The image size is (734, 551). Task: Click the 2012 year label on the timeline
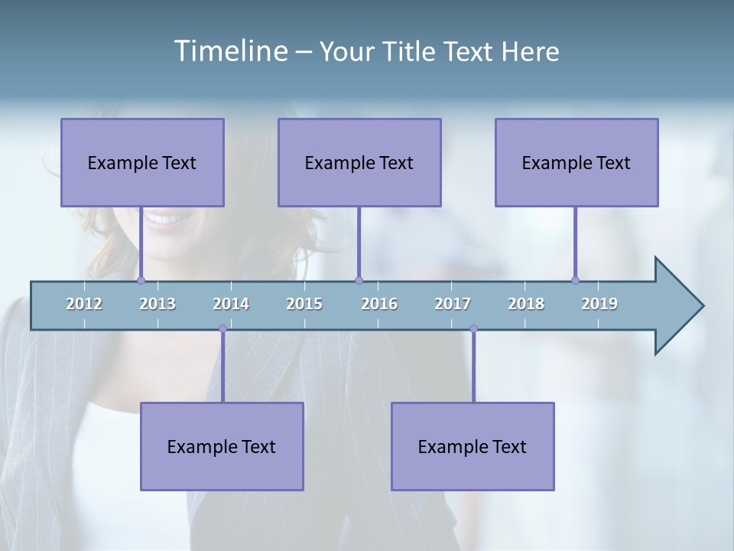[x=84, y=304]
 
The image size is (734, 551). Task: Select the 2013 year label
[x=158, y=304]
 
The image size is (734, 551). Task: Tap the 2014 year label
[x=231, y=304]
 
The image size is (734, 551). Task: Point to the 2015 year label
[x=304, y=304]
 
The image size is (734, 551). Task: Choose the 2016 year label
[x=379, y=304]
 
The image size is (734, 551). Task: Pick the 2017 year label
[x=453, y=304]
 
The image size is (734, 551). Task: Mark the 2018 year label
[x=526, y=304]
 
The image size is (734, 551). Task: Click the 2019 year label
[x=599, y=304]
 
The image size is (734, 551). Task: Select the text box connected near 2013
[x=142, y=162]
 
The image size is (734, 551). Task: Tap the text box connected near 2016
[x=359, y=162]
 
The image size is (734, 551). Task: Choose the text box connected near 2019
[x=576, y=162]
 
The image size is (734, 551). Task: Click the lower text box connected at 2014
[x=222, y=446]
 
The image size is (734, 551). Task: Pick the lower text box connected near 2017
[x=473, y=446]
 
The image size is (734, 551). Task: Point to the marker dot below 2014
[x=222, y=329]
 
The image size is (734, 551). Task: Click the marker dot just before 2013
[x=141, y=281]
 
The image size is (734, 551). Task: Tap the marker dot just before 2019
[x=575, y=281]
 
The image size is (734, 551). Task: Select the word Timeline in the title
[x=230, y=51]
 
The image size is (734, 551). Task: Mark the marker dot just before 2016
[x=359, y=281]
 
